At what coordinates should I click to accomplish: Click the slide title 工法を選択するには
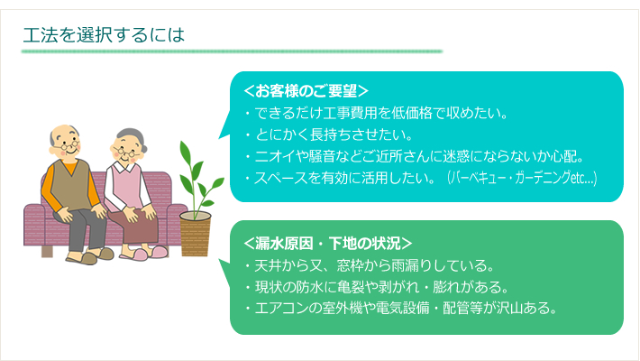[x=104, y=35]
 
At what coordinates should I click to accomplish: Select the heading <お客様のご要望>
[x=306, y=91]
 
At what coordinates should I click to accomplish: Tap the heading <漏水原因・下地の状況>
[x=328, y=244]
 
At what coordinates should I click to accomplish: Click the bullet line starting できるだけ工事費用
[x=376, y=113]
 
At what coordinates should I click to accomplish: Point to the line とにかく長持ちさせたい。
[x=329, y=134]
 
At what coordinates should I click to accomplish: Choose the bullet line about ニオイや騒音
[x=415, y=156]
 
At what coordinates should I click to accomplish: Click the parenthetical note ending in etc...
[x=522, y=178]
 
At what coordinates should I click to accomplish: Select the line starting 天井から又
[x=370, y=265]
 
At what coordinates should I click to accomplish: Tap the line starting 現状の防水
[x=377, y=287]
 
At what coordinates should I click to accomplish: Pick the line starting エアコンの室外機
[x=401, y=308]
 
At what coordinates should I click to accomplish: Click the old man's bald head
[x=64, y=132]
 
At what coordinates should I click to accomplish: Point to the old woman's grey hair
[x=132, y=136]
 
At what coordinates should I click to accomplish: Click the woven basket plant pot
[x=195, y=235]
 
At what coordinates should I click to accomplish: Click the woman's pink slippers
[x=144, y=254]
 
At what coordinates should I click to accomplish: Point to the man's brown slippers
[x=90, y=256]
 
